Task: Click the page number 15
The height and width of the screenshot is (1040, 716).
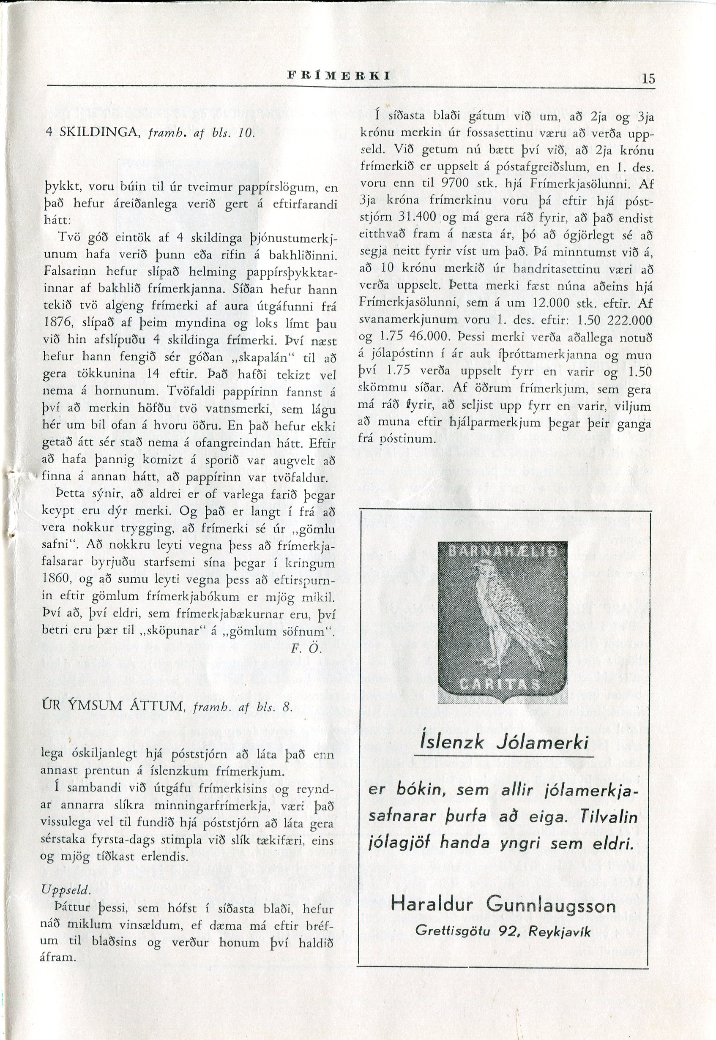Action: click(648, 79)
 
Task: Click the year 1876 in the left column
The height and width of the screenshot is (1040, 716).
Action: click(57, 323)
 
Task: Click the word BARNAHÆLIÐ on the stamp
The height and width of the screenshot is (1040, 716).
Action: click(498, 551)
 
